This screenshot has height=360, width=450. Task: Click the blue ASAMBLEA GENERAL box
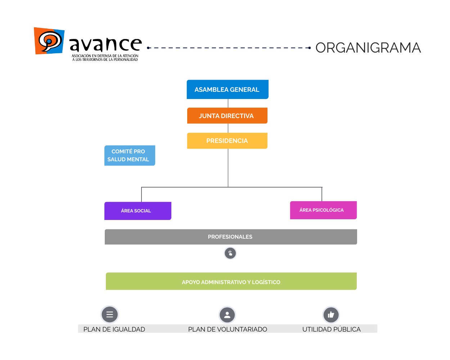227,89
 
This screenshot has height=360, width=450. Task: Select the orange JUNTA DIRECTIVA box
227,116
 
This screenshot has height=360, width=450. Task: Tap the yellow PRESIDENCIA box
227,141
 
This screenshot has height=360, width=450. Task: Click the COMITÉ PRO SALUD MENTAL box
129,156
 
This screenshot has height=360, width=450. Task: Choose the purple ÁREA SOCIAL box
138,211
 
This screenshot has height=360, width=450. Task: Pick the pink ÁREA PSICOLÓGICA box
323,210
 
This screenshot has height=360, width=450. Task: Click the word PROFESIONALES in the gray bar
230,237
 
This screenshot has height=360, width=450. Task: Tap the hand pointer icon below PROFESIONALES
230,253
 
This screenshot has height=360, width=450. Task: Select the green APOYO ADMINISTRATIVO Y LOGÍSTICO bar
231,282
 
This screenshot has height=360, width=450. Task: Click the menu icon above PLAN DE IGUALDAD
110,314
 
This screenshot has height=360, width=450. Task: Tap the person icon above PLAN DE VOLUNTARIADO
227,315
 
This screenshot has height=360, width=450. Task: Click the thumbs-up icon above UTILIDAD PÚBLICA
331,315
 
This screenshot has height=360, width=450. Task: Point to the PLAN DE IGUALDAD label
114,329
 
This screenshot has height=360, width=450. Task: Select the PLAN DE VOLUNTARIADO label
228,329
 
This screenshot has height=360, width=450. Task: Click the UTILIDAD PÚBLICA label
331,329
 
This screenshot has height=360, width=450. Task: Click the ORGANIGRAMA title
368,48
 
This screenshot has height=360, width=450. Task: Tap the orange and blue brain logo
49,41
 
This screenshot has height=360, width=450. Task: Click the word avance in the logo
105,45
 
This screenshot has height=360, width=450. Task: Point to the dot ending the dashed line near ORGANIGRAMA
310,48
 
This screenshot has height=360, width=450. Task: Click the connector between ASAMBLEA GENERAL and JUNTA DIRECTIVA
228,103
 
